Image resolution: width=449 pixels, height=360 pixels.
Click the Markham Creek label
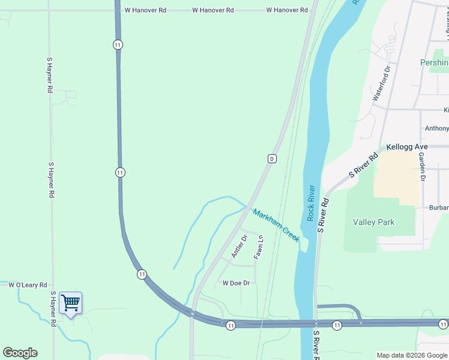276,225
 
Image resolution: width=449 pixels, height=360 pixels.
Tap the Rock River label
311,203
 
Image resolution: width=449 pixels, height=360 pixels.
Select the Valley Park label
373,222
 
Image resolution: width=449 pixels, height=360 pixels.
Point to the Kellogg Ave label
407,146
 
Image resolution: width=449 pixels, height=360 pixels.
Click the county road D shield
272,158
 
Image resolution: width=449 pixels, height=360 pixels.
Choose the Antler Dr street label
239,247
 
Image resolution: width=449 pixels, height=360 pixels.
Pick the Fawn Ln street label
259,247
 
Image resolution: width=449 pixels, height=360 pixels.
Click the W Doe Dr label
236,283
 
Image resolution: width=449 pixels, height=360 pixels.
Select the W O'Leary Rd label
28,284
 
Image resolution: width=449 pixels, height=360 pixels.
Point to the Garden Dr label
422,166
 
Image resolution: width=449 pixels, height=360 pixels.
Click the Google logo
20,353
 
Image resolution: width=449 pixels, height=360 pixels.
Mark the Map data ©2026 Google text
411,355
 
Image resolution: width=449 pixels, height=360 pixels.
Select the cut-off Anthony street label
436,128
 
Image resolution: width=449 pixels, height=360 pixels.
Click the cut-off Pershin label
434,63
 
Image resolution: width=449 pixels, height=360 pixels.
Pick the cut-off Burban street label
439,208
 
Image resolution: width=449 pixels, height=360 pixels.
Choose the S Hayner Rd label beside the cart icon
53,309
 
